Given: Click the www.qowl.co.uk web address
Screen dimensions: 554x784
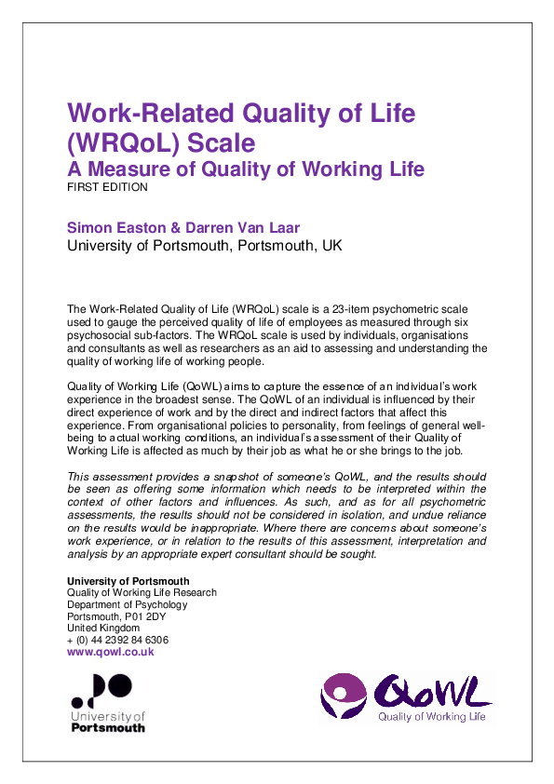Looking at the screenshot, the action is pyautogui.click(x=111, y=653).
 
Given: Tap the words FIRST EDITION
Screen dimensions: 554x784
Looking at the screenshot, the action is pyautogui.click(x=107, y=187).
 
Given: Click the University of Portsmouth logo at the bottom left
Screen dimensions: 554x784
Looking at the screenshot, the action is pyautogui.click(x=108, y=703).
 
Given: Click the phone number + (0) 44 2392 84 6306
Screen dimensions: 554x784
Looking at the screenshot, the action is pyautogui.click(x=117, y=641).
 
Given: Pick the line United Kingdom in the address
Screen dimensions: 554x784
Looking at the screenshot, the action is pyautogui.click(x=101, y=629).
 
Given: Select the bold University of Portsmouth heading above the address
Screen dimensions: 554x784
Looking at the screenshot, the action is pyautogui.click(x=128, y=581).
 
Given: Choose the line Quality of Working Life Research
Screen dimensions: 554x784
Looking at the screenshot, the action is pyautogui.click(x=142, y=592).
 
